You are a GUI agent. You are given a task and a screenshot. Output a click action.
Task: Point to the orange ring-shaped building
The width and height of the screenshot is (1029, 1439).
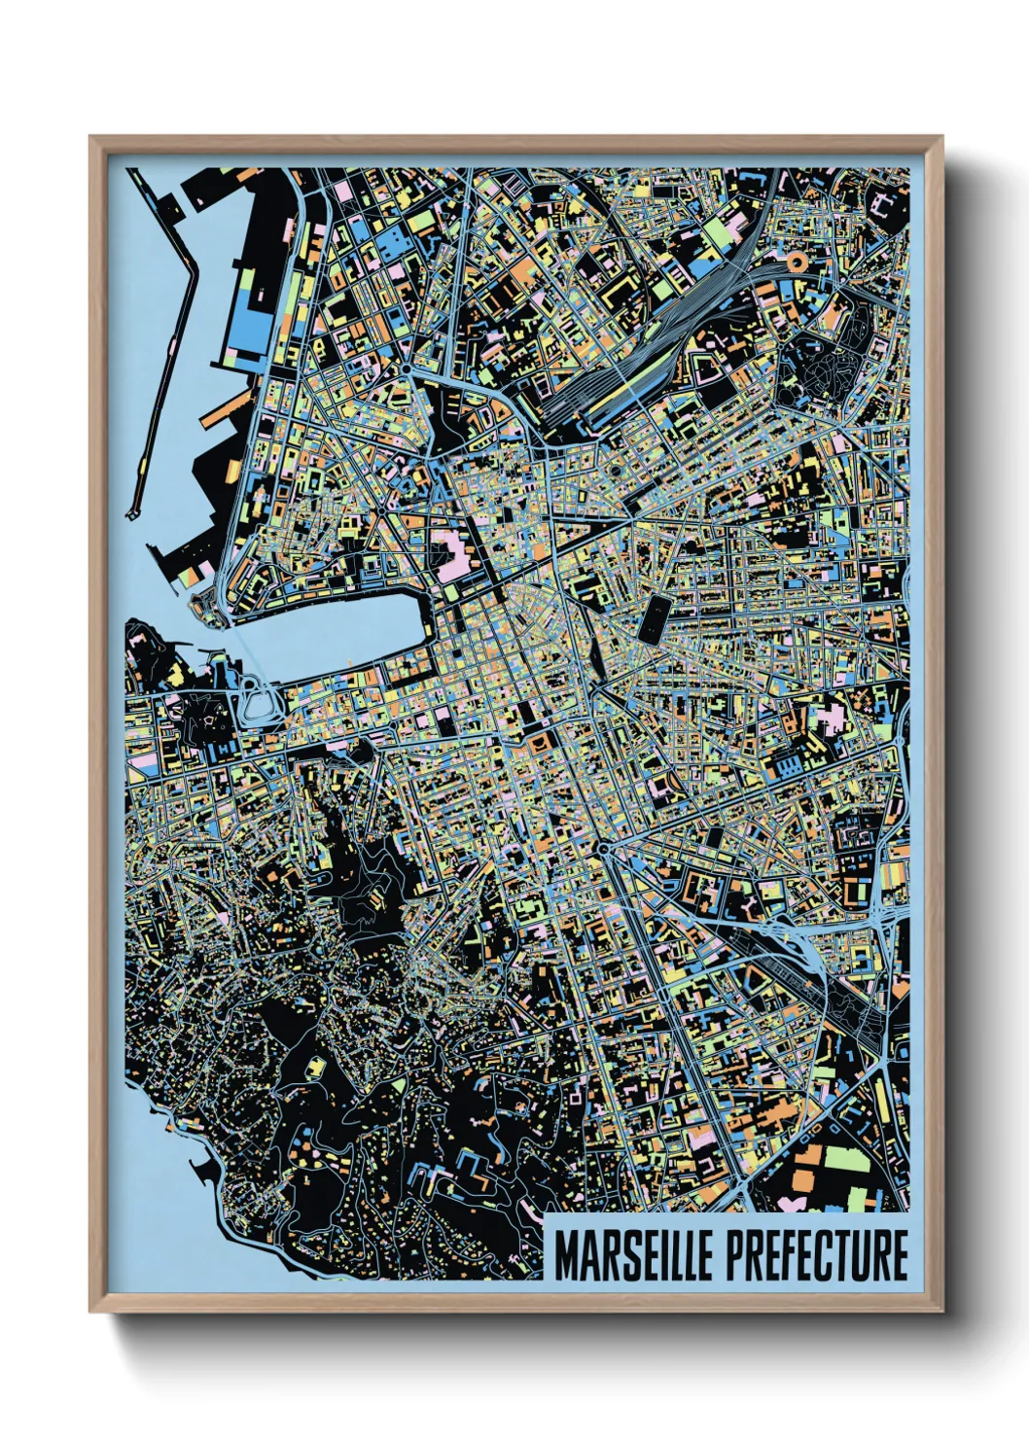pos(796,261)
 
